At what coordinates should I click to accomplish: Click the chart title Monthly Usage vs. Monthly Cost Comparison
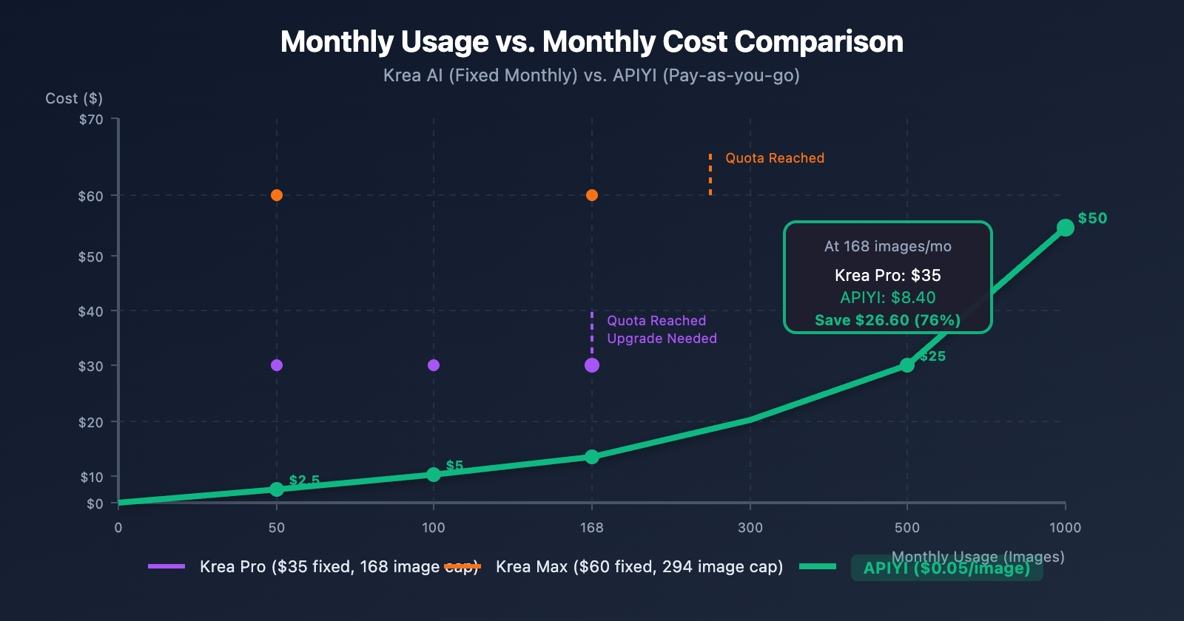[x=591, y=42]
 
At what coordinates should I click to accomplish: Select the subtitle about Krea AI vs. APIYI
[x=591, y=75]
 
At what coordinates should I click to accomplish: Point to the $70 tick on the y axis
[x=91, y=120]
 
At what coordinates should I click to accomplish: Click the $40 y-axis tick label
[x=91, y=311]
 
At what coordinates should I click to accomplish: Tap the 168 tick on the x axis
[x=591, y=527]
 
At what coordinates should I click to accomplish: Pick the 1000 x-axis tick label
[x=1065, y=527]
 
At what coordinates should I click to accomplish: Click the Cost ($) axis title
[x=74, y=98]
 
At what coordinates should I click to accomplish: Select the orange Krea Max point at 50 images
[x=277, y=195]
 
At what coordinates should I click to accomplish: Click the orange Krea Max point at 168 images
[x=592, y=195]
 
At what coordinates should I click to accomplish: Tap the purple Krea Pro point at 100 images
[x=434, y=365]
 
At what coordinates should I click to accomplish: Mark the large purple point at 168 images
[x=592, y=365]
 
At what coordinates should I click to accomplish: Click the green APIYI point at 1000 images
[x=1065, y=228]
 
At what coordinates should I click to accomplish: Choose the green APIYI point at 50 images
[x=277, y=489]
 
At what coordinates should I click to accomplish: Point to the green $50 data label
[x=1092, y=218]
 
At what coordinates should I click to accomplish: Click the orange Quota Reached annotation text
[x=775, y=158]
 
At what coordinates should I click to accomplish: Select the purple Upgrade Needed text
[x=662, y=339]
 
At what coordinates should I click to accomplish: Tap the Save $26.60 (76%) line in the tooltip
[x=887, y=320]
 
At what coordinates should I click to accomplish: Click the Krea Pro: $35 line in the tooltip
[x=887, y=275]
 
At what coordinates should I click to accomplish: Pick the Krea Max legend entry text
[x=639, y=567]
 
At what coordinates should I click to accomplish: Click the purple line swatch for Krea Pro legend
[x=166, y=566]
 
